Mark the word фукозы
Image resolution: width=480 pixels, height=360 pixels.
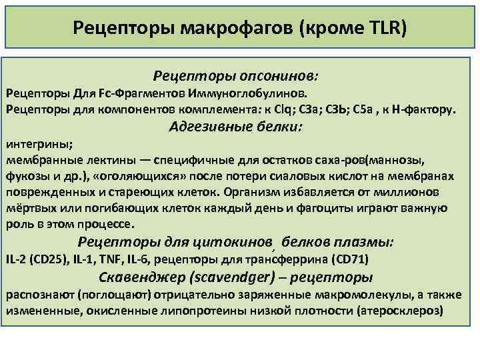(x=27, y=175)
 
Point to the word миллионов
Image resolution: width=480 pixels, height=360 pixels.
(x=417, y=191)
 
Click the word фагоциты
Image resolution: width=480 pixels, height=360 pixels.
(x=335, y=207)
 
